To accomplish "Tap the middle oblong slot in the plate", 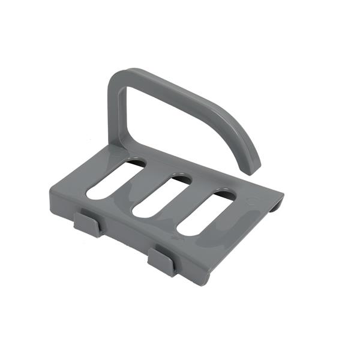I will (x=161, y=196).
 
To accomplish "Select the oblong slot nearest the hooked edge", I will (x=207, y=213).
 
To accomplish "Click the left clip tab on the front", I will (x=88, y=224).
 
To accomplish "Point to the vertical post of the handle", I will (x=116, y=114).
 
